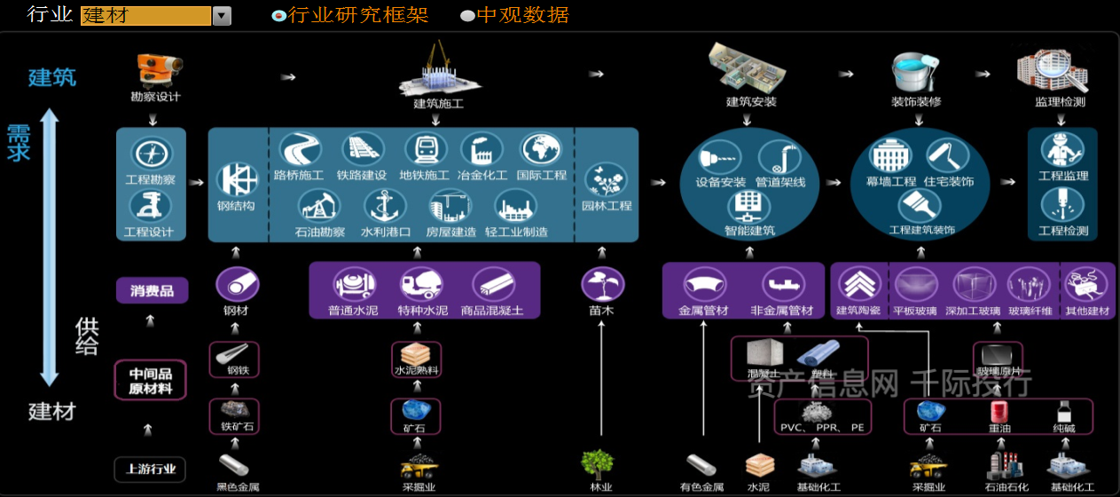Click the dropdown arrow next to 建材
(222, 16)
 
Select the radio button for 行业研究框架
(278, 16)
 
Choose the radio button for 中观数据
(467, 16)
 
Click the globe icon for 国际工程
(541, 150)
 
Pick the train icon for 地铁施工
(425, 150)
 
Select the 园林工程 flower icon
(607, 180)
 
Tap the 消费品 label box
(152, 290)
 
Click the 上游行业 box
(150, 469)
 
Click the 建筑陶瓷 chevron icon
(858, 284)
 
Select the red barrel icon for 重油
(999, 411)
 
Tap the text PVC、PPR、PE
(821, 428)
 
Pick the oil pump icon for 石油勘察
(319, 208)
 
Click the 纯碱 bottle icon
(1063, 411)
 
